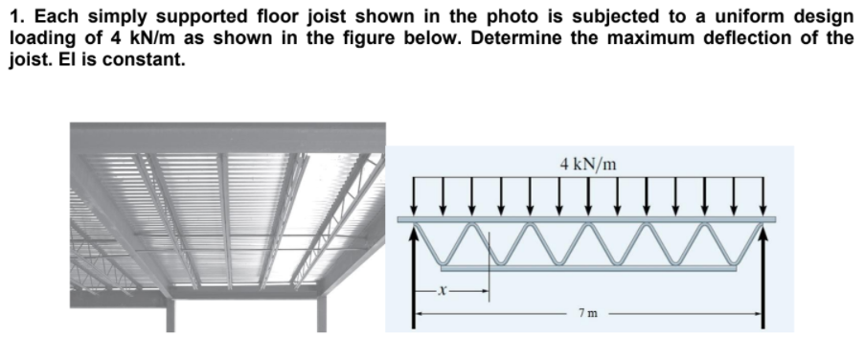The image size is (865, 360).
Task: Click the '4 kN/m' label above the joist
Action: point(589,163)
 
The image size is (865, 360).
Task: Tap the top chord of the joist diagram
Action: point(589,220)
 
